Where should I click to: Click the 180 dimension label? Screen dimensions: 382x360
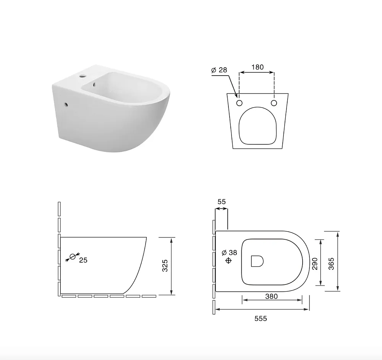pos(257,67)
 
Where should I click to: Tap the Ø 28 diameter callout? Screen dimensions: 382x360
pos(219,70)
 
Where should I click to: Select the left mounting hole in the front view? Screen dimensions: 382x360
pos(239,103)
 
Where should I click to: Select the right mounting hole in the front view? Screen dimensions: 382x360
pos(274,103)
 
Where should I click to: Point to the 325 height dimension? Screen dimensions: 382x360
pos(165,266)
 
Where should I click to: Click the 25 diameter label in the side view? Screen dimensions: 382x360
pos(83,260)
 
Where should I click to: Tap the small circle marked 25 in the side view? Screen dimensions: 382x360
pos(73,257)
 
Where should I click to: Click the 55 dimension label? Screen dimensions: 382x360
pos(222,202)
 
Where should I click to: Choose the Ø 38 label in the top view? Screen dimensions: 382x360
pos(229,253)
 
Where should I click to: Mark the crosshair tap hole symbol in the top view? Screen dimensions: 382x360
pos(228,261)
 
